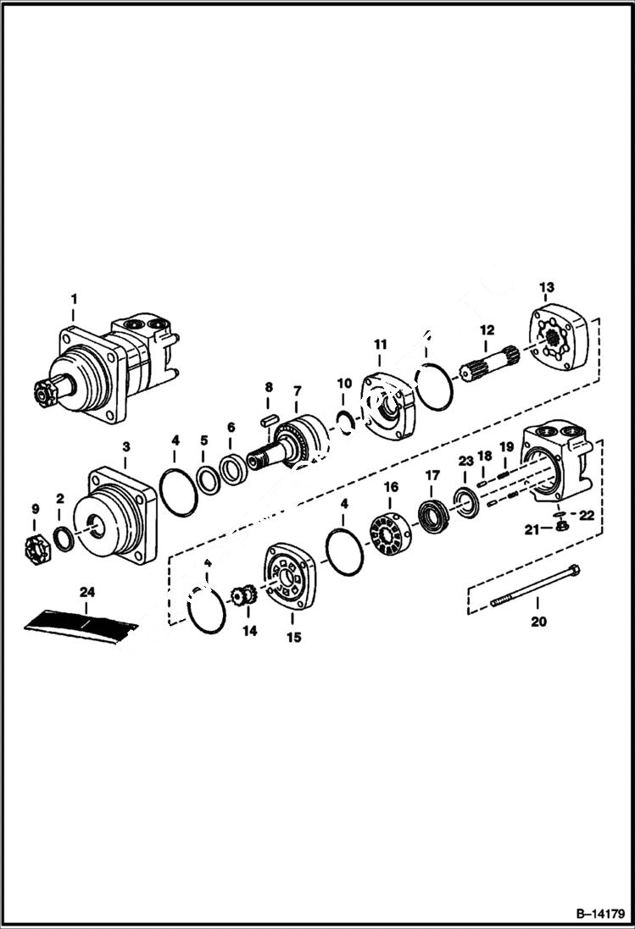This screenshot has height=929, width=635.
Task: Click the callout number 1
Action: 74,298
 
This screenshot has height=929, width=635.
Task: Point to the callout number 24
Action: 86,590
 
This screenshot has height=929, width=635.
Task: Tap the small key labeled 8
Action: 269,416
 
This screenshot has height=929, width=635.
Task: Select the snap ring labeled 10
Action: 346,417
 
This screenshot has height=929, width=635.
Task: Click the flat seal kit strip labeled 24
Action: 81,624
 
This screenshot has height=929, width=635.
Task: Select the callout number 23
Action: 465,461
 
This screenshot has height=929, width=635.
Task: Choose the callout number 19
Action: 506,446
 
